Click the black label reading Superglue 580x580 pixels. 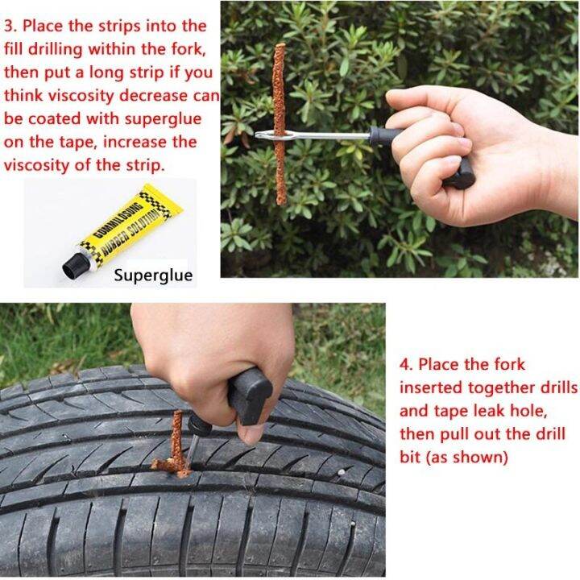tap(153, 275)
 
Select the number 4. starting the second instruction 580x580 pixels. tap(406, 364)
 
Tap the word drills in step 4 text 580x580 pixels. tap(555, 387)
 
